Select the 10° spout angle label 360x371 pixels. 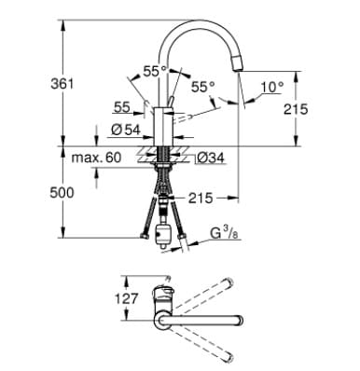(x=270, y=87)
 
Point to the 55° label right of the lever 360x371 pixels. (x=203, y=87)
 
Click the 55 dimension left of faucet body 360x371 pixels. (x=123, y=107)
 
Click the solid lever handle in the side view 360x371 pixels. (x=172, y=102)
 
